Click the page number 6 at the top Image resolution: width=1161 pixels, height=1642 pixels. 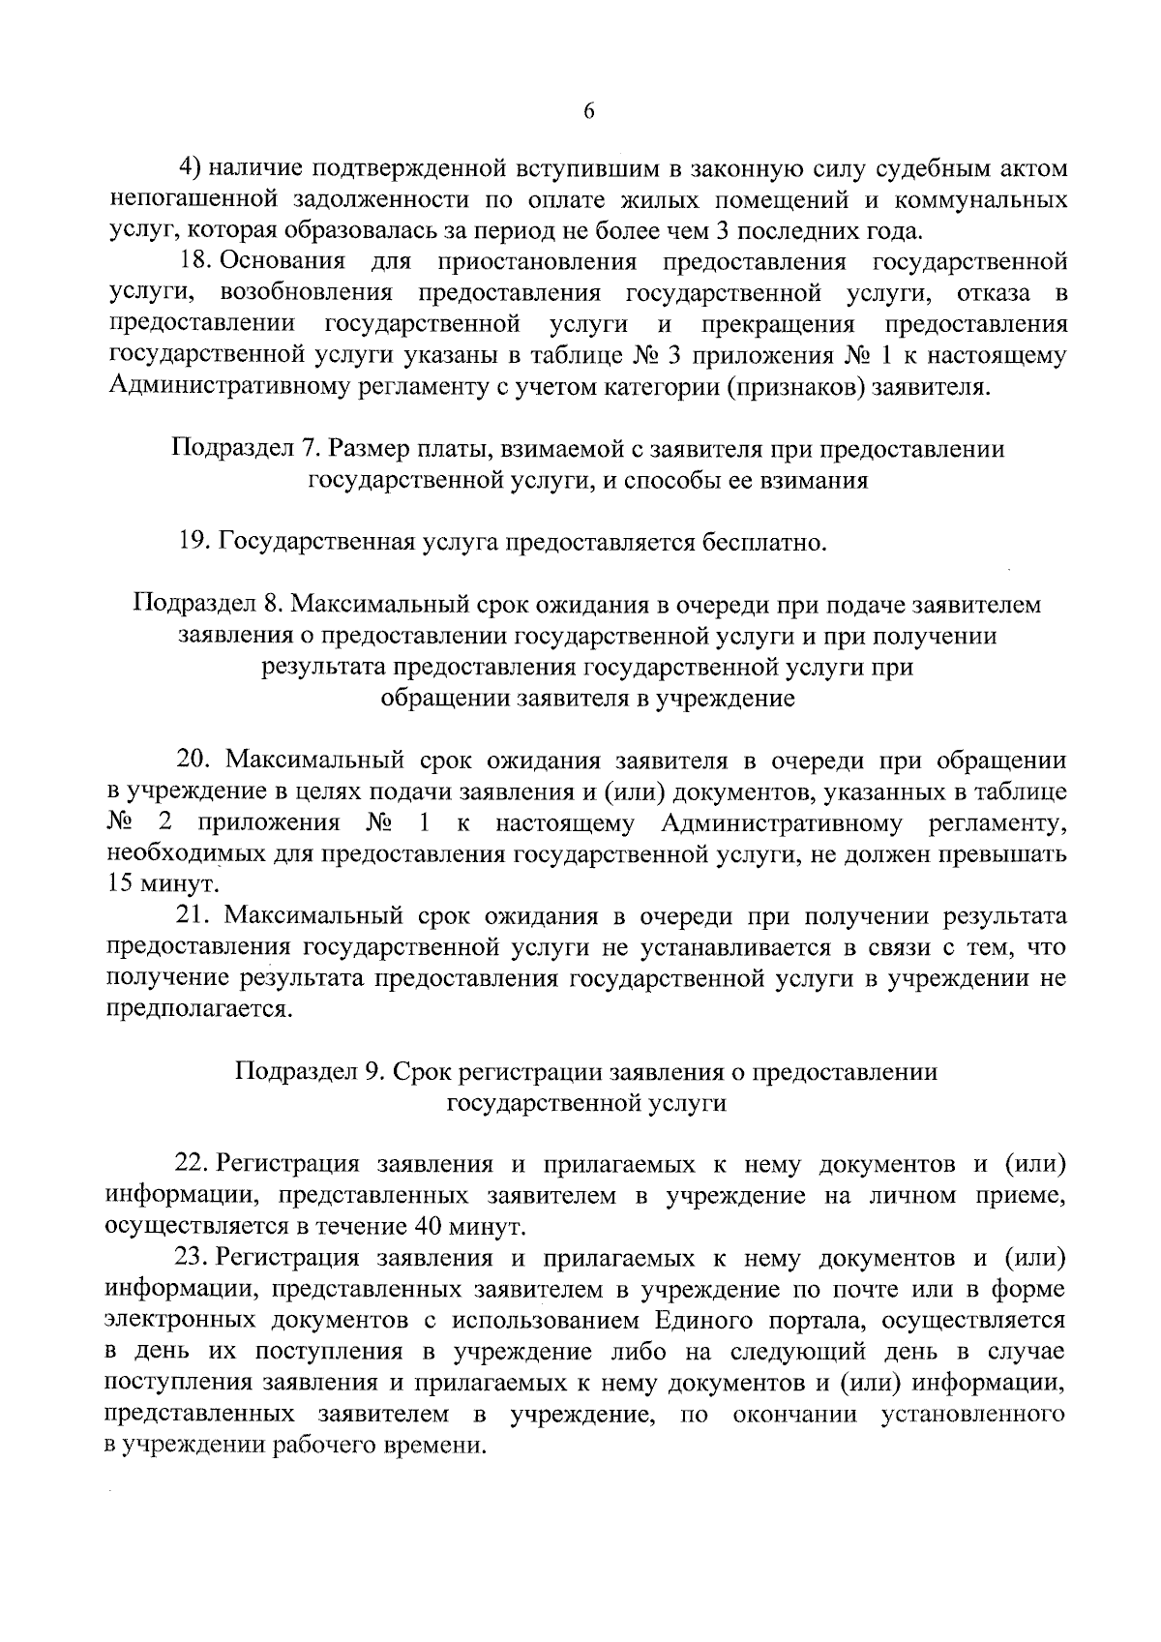[588, 112]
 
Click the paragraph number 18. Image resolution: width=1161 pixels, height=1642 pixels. [196, 262]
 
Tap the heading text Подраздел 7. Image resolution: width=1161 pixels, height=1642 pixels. [245, 449]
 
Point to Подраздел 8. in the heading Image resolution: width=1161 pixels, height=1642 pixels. [207, 605]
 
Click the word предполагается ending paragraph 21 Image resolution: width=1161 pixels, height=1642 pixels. [198, 1009]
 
